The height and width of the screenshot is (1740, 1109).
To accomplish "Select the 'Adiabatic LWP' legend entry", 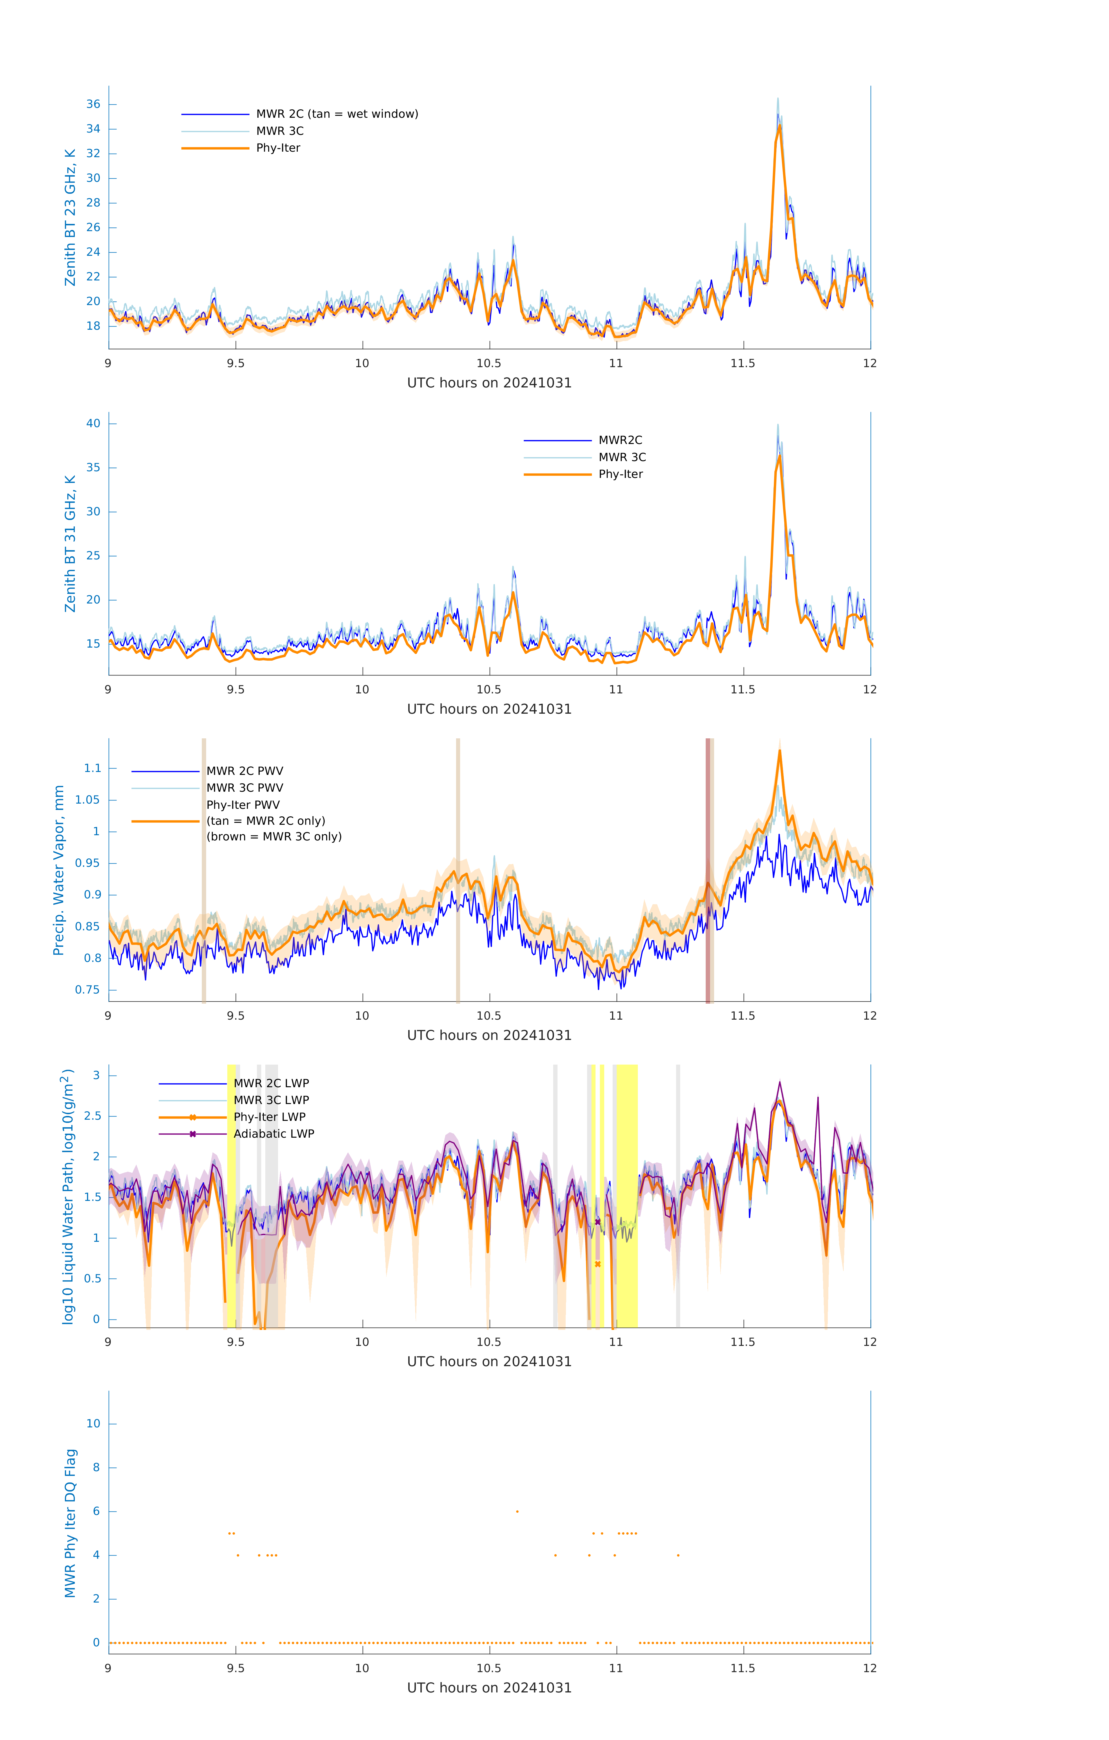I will [274, 1134].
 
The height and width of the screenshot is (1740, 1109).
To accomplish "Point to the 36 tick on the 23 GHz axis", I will [93, 104].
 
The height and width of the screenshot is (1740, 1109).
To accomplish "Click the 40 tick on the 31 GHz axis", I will [93, 423].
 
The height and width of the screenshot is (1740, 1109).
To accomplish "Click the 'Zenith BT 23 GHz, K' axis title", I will [70, 217].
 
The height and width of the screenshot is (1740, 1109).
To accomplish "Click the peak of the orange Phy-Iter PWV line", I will [780, 751].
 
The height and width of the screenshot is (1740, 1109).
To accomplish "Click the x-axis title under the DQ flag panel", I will [489, 1688].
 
